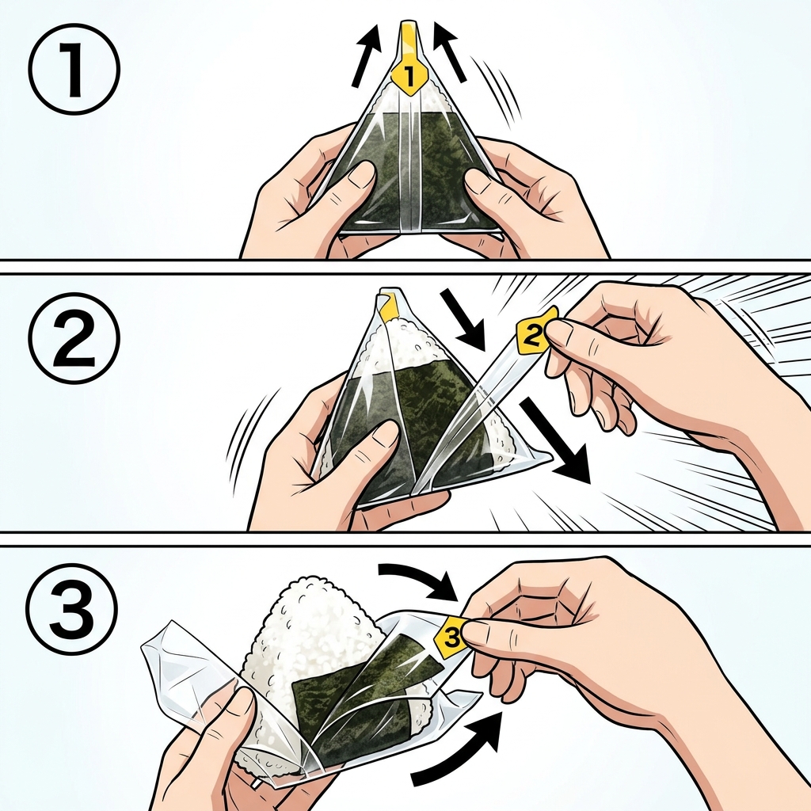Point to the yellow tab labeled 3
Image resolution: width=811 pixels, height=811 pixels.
[x=451, y=638]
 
